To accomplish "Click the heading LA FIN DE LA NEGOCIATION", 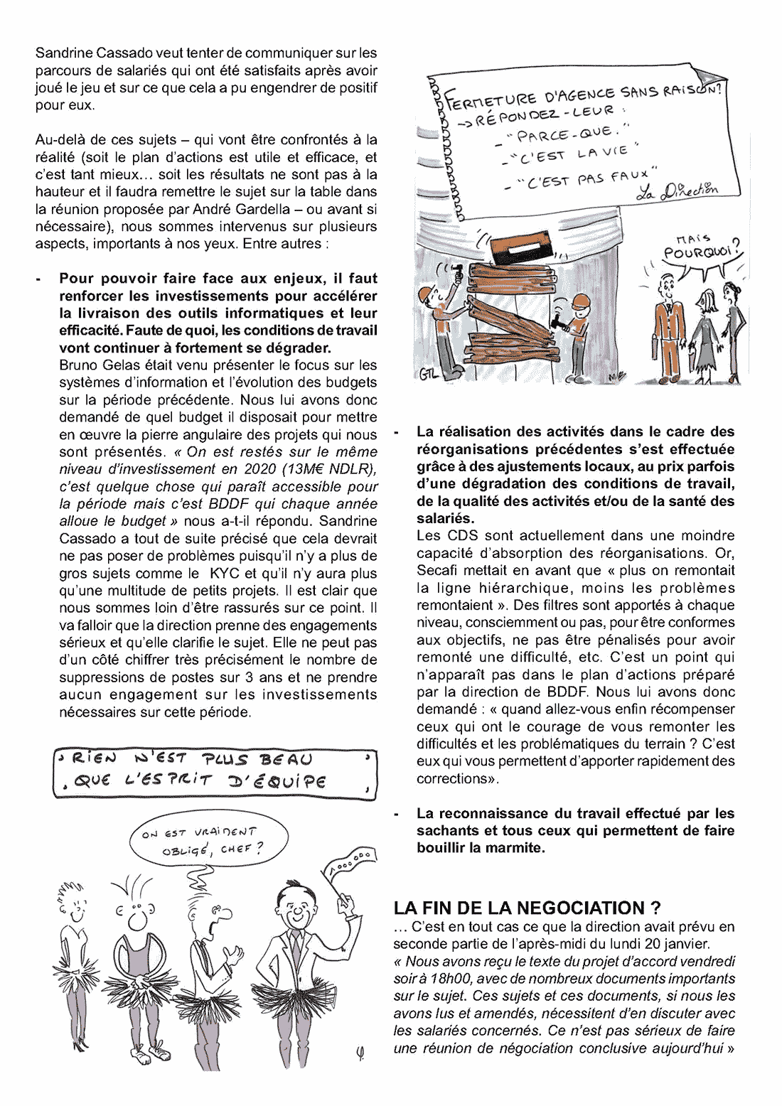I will pos(527,908).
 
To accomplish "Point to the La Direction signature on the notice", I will pos(677,190).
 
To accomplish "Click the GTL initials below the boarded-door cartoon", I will pos(428,374).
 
